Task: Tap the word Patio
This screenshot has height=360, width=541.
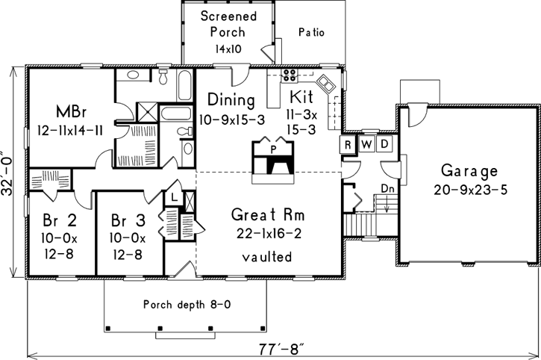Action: (x=311, y=32)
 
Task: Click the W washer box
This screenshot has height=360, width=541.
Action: (x=366, y=143)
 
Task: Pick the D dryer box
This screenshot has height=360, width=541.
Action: (x=384, y=143)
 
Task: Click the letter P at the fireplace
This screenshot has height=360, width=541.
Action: (x=274, y=149)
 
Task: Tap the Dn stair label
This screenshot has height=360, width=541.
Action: (x=387, y=190)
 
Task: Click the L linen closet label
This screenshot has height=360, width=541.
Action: (x=174, y=196)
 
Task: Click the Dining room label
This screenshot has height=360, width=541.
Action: (x=232, y=100)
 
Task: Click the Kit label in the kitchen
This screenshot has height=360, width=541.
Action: (x=301, y=98)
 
